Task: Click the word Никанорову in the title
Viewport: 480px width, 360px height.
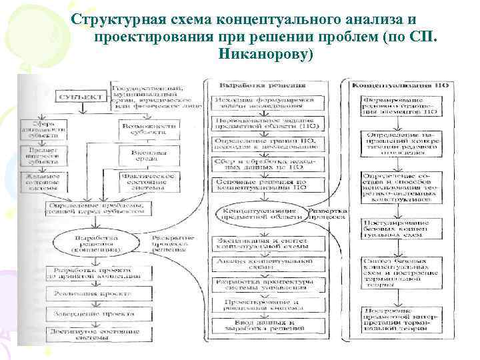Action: [x=265, y=52]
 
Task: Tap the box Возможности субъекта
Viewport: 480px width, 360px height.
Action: [x=149, y=128]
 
